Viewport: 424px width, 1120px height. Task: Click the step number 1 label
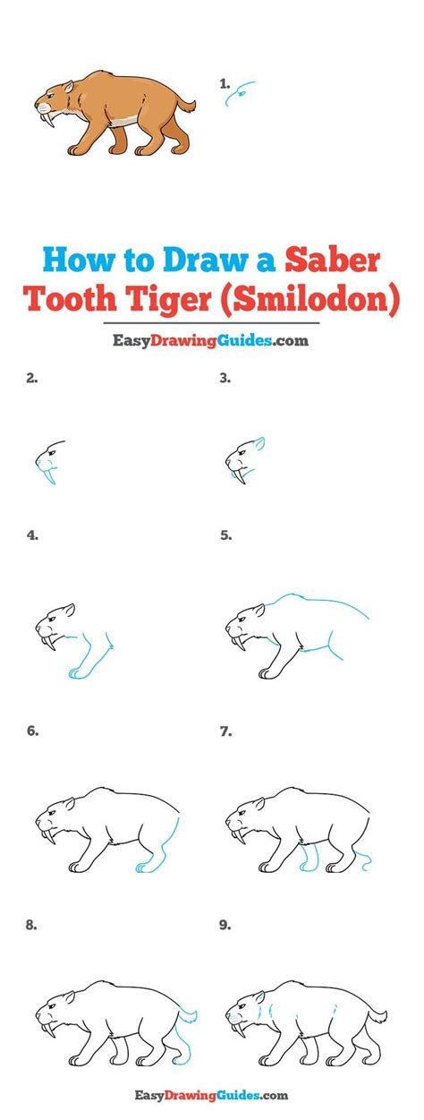[x=225, y=83]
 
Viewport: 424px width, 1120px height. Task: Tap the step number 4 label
[x=32, y=535]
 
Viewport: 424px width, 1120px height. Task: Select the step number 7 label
[x=225, y=731]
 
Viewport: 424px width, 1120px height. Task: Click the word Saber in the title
[x=333, y=260]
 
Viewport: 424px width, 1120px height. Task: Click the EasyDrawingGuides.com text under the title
[x=209, y=341]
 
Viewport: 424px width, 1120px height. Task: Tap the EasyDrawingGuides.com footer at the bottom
[x=211, y=1095]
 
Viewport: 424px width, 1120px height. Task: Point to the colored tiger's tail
[x=186, y=105]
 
